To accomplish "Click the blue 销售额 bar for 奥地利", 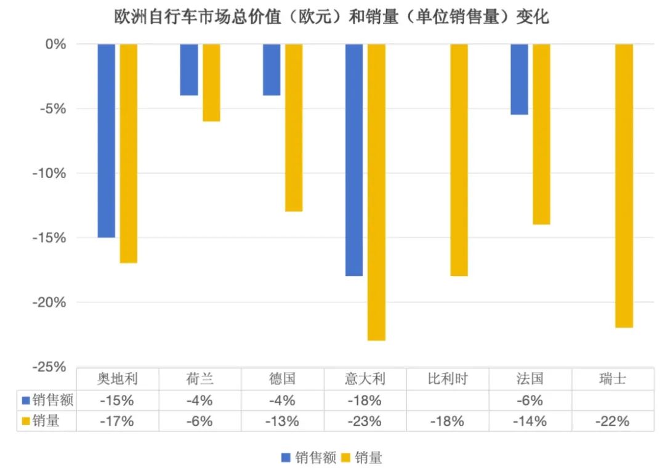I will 107,140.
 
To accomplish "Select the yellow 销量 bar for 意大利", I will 376,192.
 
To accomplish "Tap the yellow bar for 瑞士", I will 624,185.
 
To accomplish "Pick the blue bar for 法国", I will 519,79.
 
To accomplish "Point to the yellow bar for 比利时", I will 459,160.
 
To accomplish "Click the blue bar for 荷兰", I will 189,70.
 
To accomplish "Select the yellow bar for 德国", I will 294,128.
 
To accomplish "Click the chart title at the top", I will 332,17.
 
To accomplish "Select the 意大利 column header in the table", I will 365,379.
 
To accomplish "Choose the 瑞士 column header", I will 613,379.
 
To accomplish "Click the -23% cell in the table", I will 365,421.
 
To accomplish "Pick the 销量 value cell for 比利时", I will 447,421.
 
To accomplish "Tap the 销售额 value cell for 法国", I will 530,400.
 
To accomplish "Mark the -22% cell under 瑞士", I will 613,421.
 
